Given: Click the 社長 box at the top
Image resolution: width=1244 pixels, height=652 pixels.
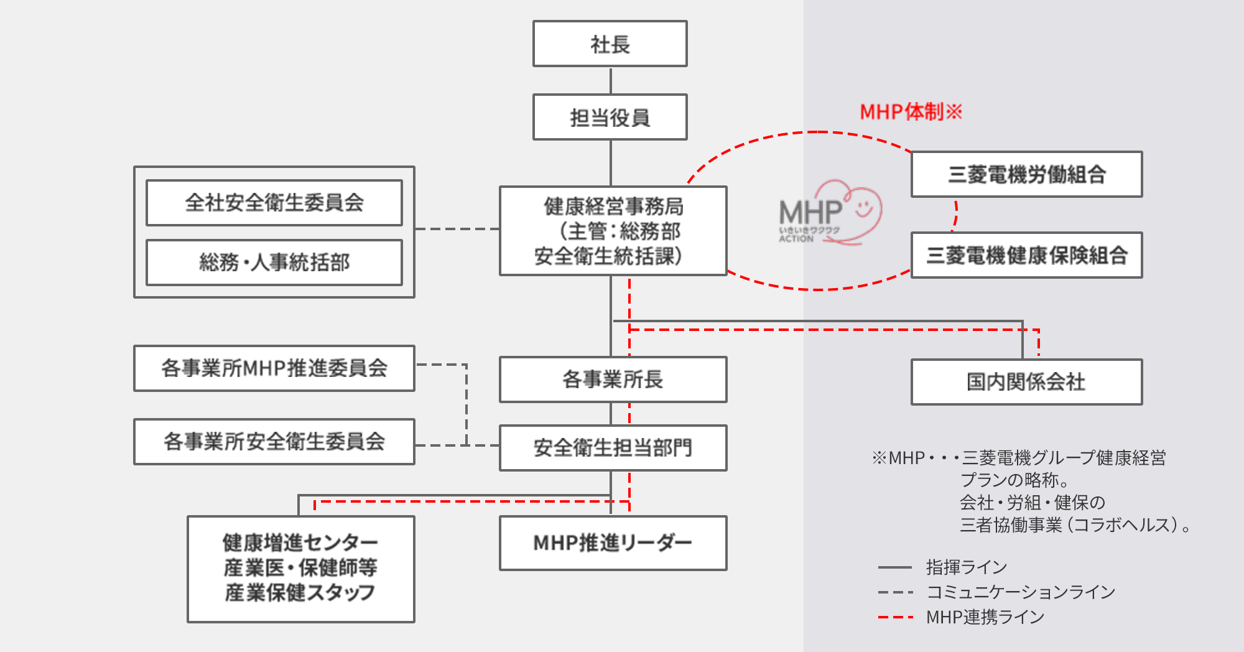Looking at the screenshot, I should pos(610,44).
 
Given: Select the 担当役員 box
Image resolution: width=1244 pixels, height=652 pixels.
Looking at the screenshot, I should pos(610,117).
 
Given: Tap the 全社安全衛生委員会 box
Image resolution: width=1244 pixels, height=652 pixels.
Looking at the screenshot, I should pos(274,203).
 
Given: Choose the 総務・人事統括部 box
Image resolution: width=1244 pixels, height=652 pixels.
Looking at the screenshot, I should pos(274,263).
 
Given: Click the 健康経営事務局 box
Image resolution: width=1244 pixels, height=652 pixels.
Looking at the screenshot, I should pos(613,231).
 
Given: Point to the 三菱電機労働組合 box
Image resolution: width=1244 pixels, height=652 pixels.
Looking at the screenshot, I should pos(1026,174).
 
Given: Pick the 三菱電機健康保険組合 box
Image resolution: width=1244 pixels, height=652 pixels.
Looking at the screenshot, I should pos(1026,255).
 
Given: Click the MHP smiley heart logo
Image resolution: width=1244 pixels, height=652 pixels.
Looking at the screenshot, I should pos(830,213).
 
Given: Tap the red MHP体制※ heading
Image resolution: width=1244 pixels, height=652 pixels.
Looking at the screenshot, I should pos(911,112).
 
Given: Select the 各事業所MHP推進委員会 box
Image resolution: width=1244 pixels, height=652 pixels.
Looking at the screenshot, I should pos(274,368).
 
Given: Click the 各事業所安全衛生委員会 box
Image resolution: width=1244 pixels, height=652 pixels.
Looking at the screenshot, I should pos(274,442).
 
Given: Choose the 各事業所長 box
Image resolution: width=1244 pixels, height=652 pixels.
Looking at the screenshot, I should pos(613,380).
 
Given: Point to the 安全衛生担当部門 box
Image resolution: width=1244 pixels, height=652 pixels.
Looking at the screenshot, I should pos(613,448).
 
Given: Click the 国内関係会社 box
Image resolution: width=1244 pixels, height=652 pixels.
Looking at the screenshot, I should pos(1026,382).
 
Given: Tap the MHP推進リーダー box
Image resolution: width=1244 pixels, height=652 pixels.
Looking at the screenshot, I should pos(613,543).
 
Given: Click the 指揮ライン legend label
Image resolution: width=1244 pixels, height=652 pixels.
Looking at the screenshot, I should pos(966,567).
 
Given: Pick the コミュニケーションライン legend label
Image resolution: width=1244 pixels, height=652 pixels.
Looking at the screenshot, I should pos(1021,592).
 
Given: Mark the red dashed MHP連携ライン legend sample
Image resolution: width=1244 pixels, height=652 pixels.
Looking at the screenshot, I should pos(896,617).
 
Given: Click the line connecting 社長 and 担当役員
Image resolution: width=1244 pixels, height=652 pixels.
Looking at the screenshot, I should pos(611,80).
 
